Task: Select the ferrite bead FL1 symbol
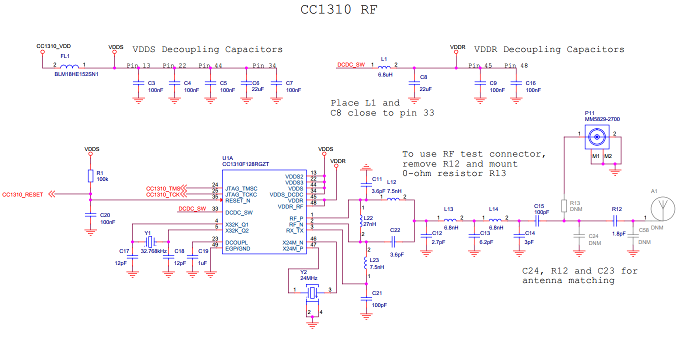tap(69, 67)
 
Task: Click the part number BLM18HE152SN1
tap(76, 74)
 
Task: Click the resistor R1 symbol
tap(90, 175)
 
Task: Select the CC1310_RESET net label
tap(23, 194)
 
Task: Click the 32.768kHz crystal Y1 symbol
tap(148, 242)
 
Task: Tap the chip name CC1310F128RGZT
tap(245, 163)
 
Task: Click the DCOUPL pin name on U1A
tap(237, 242)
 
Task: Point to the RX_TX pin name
tap(294, 230)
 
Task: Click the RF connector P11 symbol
tap(596, 136)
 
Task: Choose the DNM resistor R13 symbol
tap(564, 206)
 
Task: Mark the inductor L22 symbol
tap(360, 221)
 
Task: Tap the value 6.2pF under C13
tap(486, 241)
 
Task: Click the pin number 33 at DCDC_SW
tap(215, 208)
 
